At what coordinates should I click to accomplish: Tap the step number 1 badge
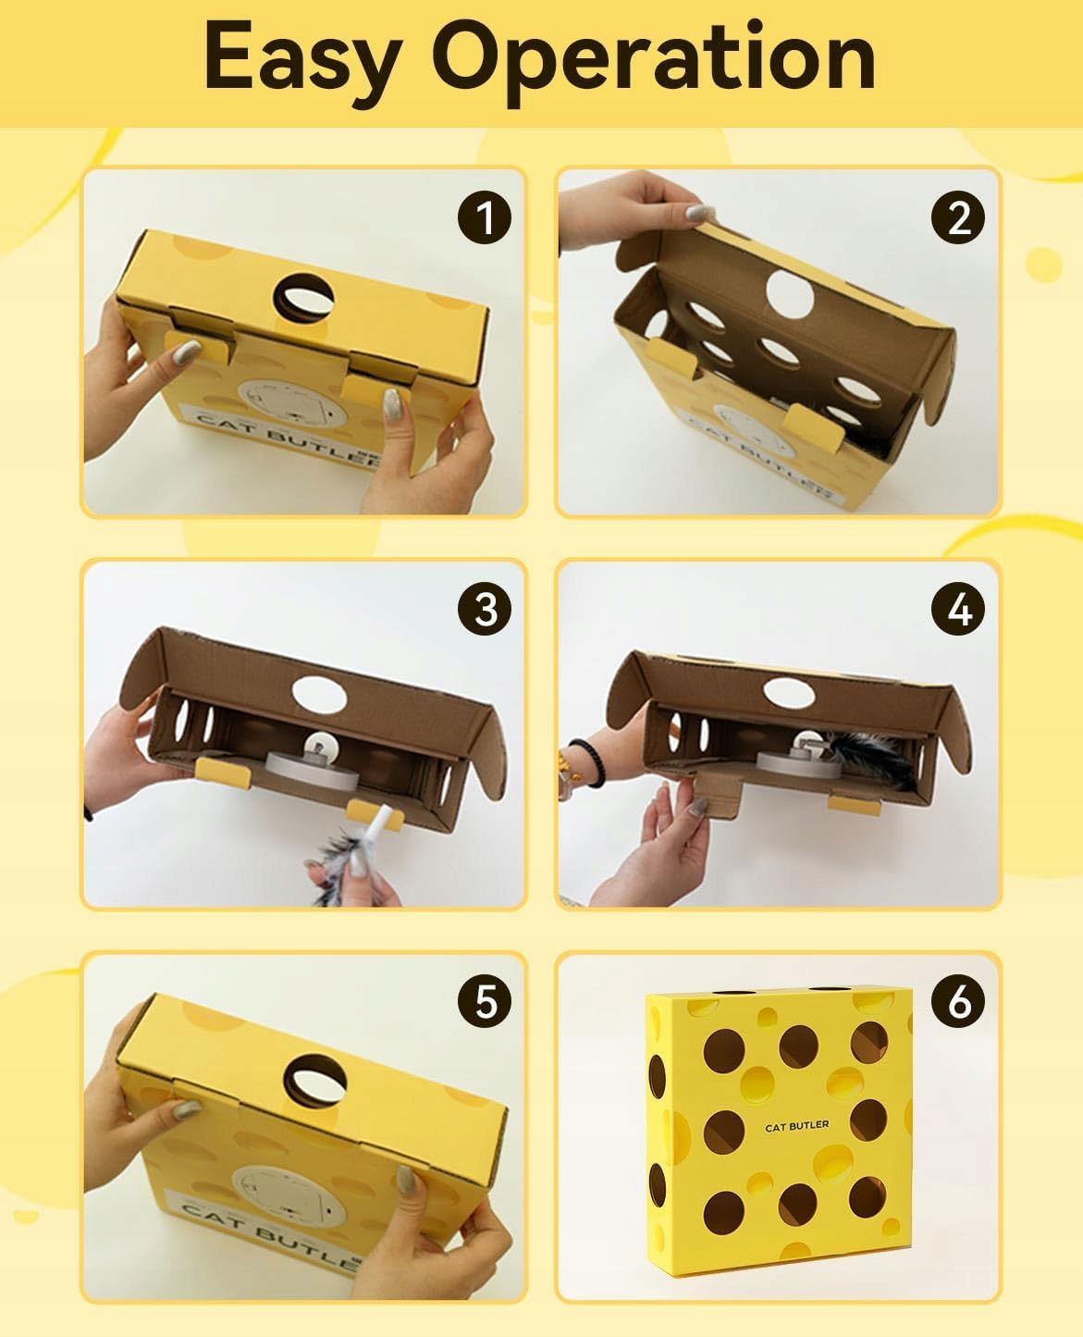coord(485,217)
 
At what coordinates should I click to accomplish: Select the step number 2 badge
coord(958,217)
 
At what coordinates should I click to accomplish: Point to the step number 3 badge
coord(485,609)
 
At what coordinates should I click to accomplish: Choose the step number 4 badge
coord(958,609)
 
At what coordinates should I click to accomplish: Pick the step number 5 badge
coord(485,1000)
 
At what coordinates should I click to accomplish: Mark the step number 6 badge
coord(958,1000)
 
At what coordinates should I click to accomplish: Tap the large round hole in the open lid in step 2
coord(789,292)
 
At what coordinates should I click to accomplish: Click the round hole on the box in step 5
coord(315,1082)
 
